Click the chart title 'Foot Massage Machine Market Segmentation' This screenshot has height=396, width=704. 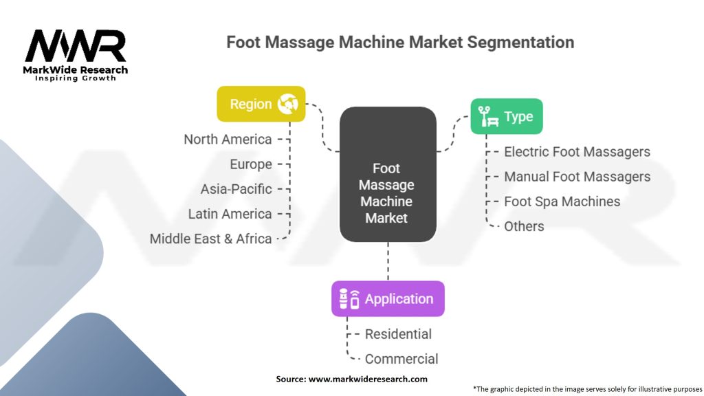pyautogui.click(x=400, y=42)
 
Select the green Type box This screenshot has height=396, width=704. pyautogui.click(x=507, y=116)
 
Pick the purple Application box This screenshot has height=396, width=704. pyautogui.click(x=388, y=298)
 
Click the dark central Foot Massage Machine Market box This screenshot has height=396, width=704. pyautogui.click(x=388, y=175)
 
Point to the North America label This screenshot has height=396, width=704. pyautogui.click(x=228, y=139)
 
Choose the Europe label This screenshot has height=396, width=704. pyautogui.click(x=251, y=164)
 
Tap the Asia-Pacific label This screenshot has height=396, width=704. pyautogui.click(x=236, y=189)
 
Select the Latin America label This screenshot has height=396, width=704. pyautogui.click(x=230, y=214)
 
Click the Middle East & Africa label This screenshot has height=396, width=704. pyautogui.click(x=210, y=239)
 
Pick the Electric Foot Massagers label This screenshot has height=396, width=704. pyautogui.click(x=577, y=151)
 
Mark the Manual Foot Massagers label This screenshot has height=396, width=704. pyautogui.click(x=577, y=177)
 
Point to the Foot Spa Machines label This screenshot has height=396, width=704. pyautogui.click(x=562, y=201)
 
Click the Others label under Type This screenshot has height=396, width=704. pyautogui.click(x=524, y=226)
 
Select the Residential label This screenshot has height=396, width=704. pyautogui.click(x=398, y=334)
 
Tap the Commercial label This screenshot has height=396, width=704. pyautogui.click(x=401, y=359)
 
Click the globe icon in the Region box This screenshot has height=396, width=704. pyautogui.click(x=287, y=104)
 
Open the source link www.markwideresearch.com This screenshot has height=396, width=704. pyautogui.click(x=367, y=379)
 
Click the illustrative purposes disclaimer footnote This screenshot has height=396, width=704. pyautogui.click(x=586, y=388)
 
